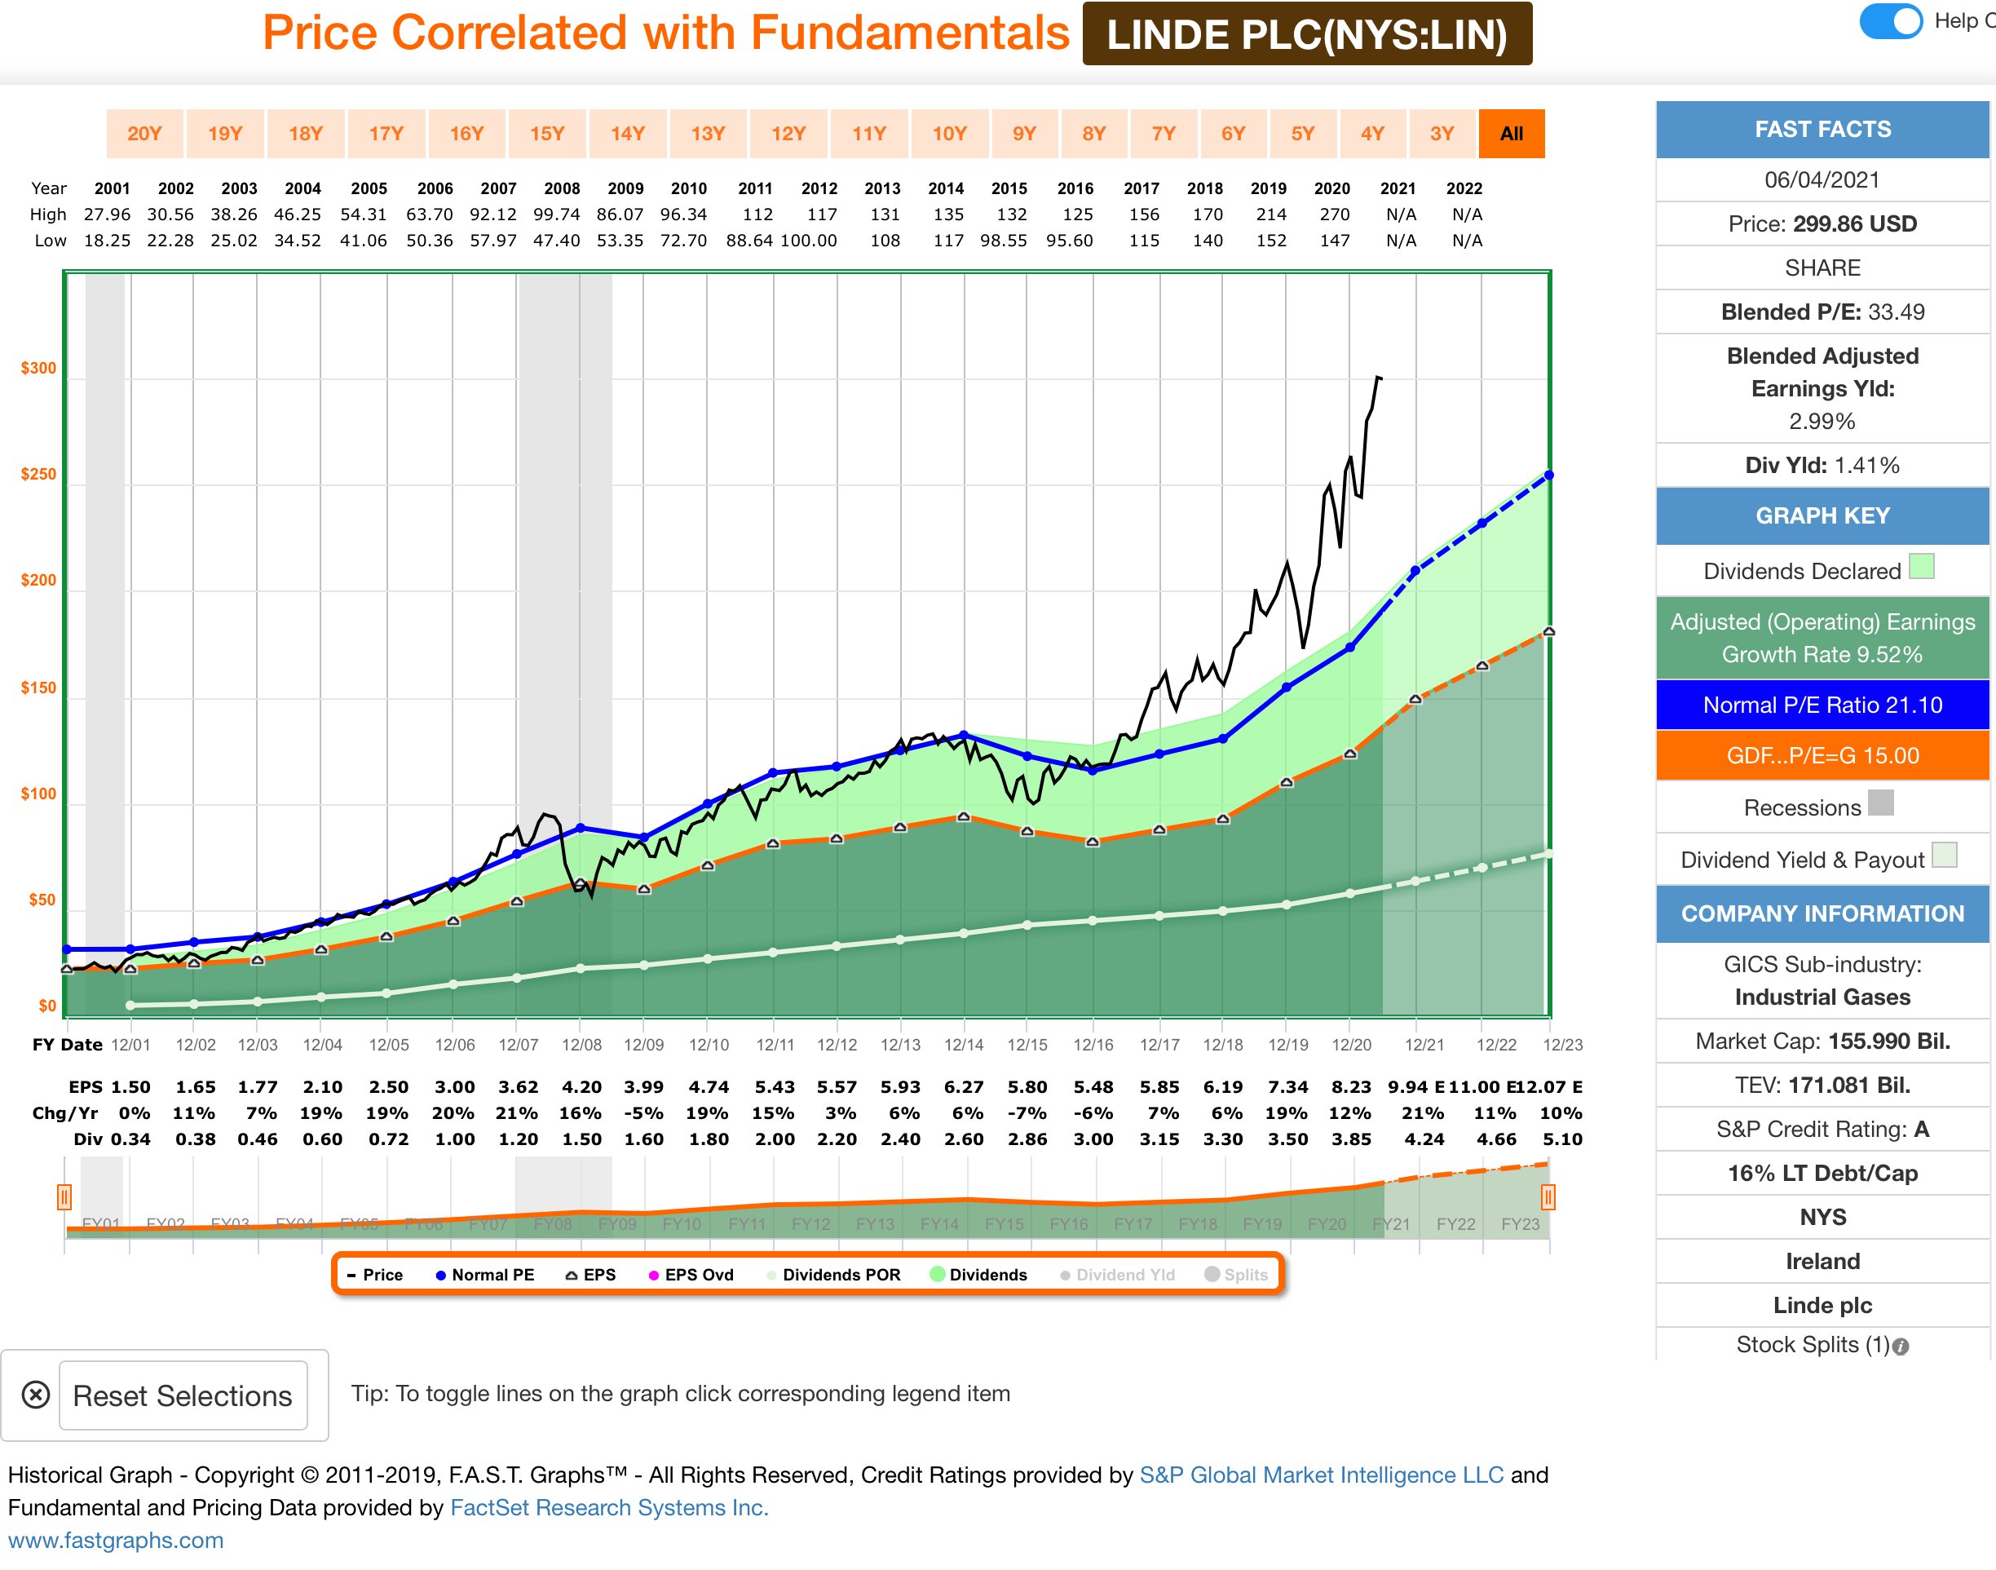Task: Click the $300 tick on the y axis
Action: point(38,369)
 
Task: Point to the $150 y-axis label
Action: point(38,688)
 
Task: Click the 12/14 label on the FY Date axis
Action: point(964,1045)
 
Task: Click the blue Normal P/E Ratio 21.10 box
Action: point(1822,705)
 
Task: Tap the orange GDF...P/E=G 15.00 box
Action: point(1822,755)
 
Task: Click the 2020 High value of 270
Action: point(1335,215)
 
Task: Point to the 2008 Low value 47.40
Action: point(557,241)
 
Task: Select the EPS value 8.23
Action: point(1351,1087)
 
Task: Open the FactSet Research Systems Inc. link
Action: point(608,1507)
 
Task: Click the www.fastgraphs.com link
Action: point(116,1541)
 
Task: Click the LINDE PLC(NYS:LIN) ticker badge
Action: point(1306,35)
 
